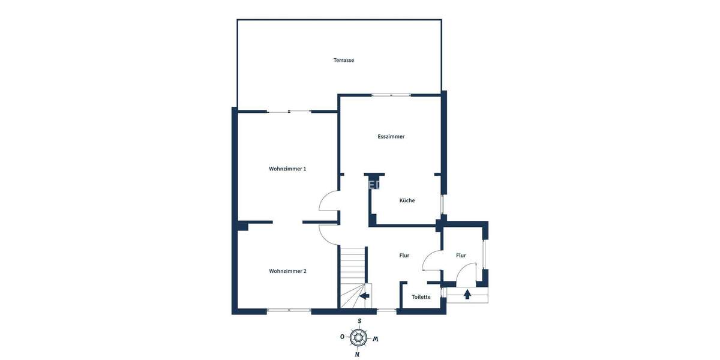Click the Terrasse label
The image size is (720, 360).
coord(344,60)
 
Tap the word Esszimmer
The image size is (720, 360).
coord(391,137)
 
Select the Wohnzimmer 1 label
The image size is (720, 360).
coord(287,169)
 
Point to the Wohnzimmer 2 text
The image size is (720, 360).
coord(287,271)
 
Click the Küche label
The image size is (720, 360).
coord(407,200)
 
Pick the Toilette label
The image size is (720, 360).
coord(421,297)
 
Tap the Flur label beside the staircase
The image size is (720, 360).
coord(404,256)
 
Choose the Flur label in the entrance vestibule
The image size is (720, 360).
coord(461,256)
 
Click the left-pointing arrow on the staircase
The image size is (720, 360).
coord(364,295)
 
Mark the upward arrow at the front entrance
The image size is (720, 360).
coord(467,294)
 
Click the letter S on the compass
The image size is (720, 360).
coord(359,321)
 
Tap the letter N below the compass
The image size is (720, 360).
coord(357,355)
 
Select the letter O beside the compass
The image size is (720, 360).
coord(342,337)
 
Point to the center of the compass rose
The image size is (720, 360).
coord(359,338)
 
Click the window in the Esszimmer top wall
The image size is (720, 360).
coord(391,95)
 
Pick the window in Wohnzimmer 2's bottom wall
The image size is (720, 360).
coord(289,310)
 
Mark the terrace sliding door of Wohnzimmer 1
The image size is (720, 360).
coord(289,112)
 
